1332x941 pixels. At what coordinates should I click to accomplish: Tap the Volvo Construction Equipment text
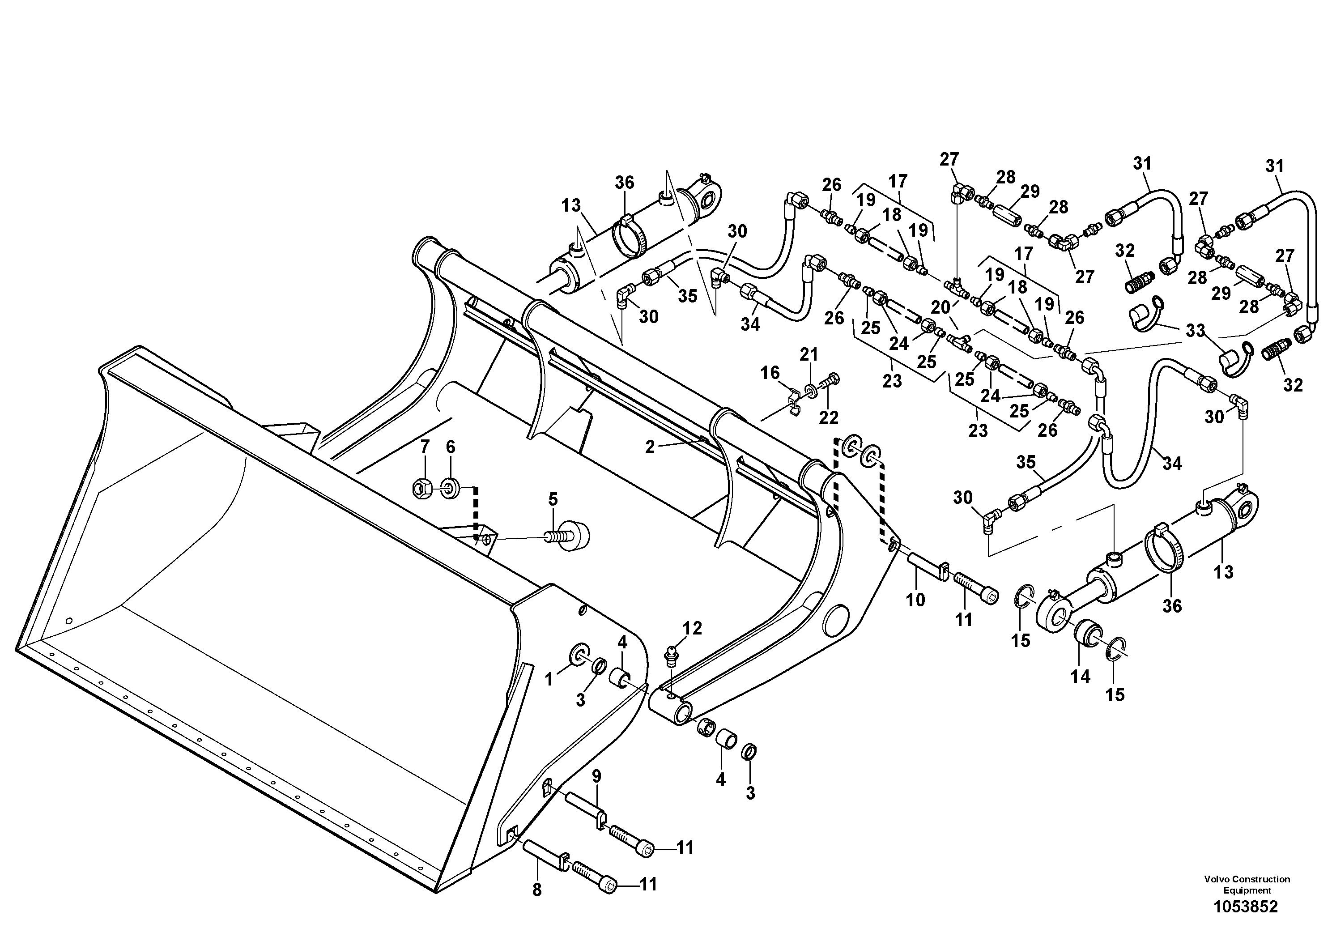(x=1247, y=884)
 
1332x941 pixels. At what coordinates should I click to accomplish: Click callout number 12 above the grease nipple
(x=692, y=628)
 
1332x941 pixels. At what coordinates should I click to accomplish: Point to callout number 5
(x=553, y=499)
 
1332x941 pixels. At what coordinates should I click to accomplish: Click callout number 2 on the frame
(x=650, y=447)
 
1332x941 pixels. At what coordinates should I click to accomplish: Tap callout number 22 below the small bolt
(x=829, y=418)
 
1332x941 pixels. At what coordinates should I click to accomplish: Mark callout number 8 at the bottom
(x=536, y=890)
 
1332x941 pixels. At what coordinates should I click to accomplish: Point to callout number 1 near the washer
(x=549, y=679)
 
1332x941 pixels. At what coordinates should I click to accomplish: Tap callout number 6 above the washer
(x=450, y=447)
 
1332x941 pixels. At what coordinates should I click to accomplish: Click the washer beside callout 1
(x=579, y=655)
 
